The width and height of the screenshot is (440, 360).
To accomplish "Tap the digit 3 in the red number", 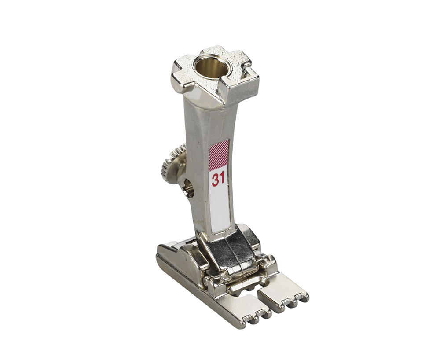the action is (215, 180).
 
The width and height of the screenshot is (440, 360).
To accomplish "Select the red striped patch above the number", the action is (220, 155).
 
